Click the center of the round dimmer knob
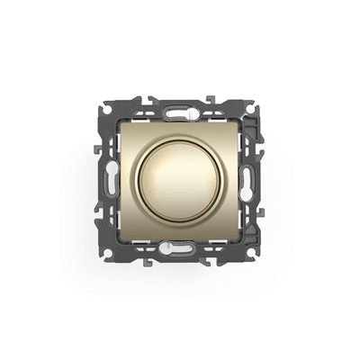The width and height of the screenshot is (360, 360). [179, 171]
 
